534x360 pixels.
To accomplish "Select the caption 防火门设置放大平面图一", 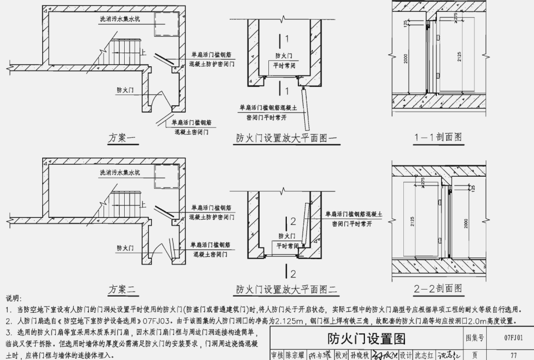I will (286, 139).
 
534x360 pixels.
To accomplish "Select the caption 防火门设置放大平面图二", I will (286, 289).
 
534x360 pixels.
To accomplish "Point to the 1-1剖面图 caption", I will (439, 137).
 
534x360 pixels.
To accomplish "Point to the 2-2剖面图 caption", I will (439, 288).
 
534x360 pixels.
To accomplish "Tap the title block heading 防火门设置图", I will (366, 339).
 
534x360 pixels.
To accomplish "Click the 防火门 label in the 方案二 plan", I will (126, 247).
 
